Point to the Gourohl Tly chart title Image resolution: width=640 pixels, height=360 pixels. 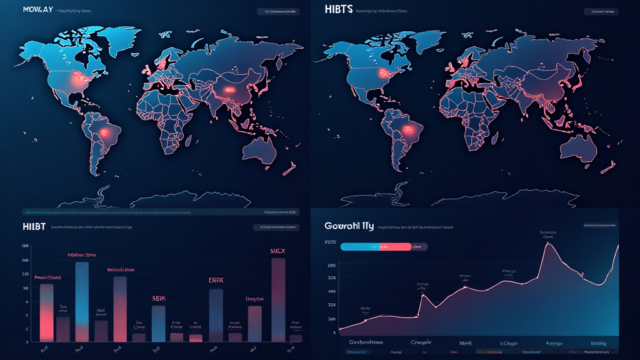[349, 226]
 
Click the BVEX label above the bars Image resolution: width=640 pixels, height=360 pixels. [277, 251]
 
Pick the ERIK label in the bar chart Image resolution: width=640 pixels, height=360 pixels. [216, 280]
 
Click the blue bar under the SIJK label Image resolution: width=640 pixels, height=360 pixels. [159, 323]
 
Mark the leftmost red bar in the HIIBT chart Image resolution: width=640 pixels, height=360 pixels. [46, 312]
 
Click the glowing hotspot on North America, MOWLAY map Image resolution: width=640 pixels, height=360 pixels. [79, 80]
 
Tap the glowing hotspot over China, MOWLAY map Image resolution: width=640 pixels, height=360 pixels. [229, 90]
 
